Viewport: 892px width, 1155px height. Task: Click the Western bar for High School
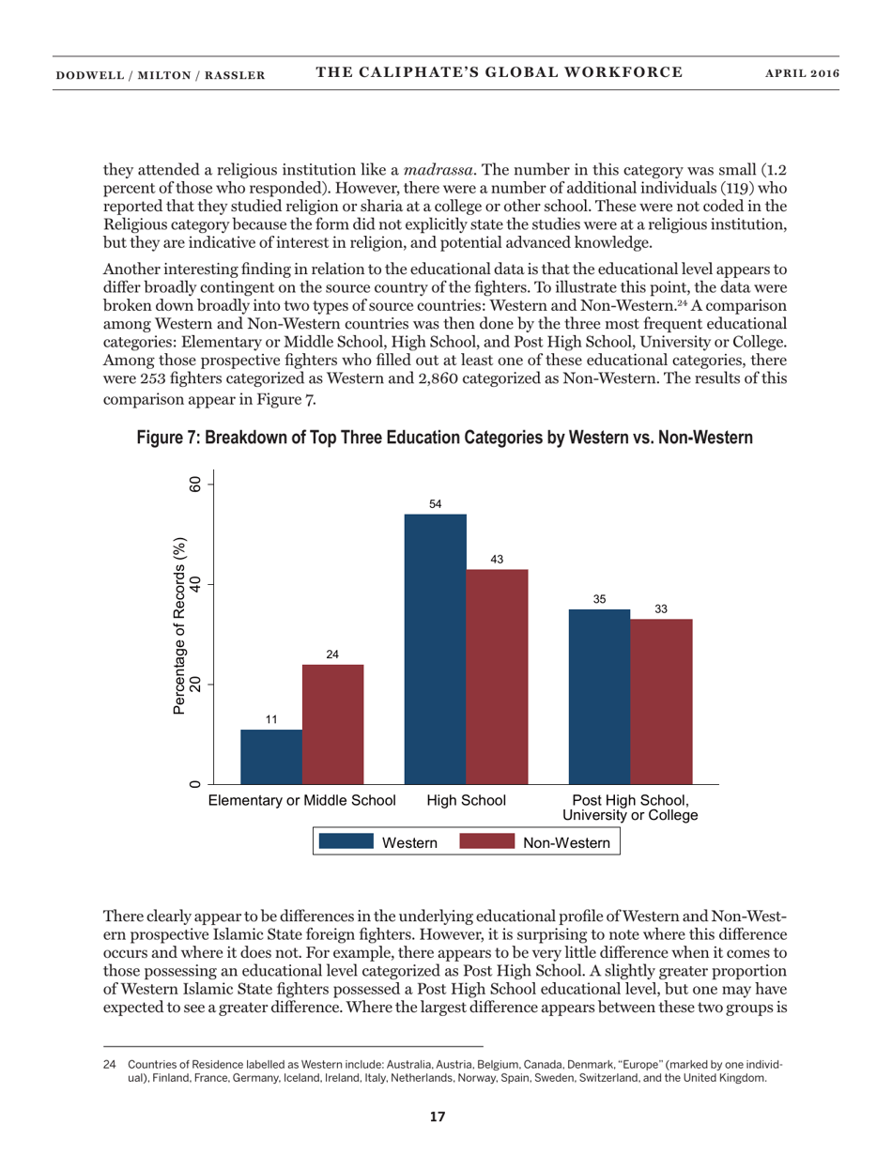pyautogui.click(x=435, y=648)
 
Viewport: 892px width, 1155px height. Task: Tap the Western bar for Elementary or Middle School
pyautogui.click(x=271, y=756)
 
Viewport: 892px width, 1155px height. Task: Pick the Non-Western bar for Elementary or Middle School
pyautogui.click(x=332, y=723)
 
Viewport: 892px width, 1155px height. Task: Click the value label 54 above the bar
pyautogui.click(x=435, y=504)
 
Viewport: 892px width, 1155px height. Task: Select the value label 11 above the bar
pyautogui.click(x=271, y=719)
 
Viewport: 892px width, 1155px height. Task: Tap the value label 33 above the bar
pyautogui.click(x=661, y=608)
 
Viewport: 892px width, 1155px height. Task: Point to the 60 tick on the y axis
pyautogui.click(x=195, y=485)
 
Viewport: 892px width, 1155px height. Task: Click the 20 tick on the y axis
pyautogui.click(x=195, y=685)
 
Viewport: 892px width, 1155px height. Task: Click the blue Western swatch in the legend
pyautogui.click(x=346, y=842)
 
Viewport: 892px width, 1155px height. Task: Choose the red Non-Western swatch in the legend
pyautogui.click(x=487, y=842)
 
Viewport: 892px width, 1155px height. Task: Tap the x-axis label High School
pyautogui.click(x=467, y=801)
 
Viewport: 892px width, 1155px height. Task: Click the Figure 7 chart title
pyautogui.click(x=445, y=438)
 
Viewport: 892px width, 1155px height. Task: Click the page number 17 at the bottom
pyautogui.click(x=437, y=1116)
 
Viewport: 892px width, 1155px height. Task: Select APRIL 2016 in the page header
pyautogui.click(x=803, y=72)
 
